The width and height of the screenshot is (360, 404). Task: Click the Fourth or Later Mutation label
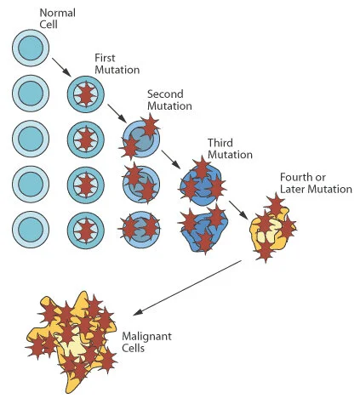(x=315, y=182)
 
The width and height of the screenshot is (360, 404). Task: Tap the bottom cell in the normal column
(x=31, y=230)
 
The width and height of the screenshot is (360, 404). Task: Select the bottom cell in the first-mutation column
(x=85, y=230)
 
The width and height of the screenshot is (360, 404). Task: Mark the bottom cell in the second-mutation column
(x=140, y=228)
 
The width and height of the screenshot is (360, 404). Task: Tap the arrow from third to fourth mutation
(x=236, y=205)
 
